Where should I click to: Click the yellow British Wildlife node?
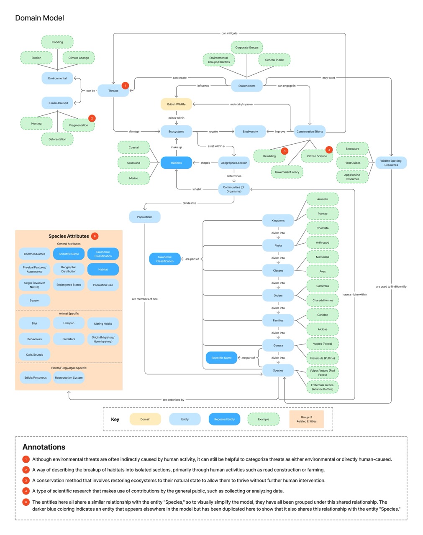click(176, 104)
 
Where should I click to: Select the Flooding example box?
click(57, 42)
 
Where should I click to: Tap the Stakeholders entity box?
click(247, 86)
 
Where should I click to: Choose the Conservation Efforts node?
click(310, 132)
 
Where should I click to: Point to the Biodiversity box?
click(250, 132)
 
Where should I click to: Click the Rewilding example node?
click(269, 156)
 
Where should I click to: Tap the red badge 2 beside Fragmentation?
click(92, 118)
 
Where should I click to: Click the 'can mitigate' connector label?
click(229, 33)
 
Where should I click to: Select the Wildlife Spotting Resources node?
click(391, 163)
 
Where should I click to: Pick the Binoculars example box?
click(352, 149)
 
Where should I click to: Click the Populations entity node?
click(144, 217)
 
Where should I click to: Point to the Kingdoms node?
click(278, 221)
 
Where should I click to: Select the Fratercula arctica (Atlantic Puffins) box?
click(322, 387)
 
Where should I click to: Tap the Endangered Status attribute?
click(69, 285)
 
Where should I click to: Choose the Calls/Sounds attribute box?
click(34, 355)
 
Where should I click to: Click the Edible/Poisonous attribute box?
click(34, 378)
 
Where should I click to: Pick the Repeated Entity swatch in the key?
click(224, 419)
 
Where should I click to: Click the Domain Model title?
click(40, 18)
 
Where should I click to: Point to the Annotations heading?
click(44, 447)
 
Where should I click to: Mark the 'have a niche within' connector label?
click(354, 295)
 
